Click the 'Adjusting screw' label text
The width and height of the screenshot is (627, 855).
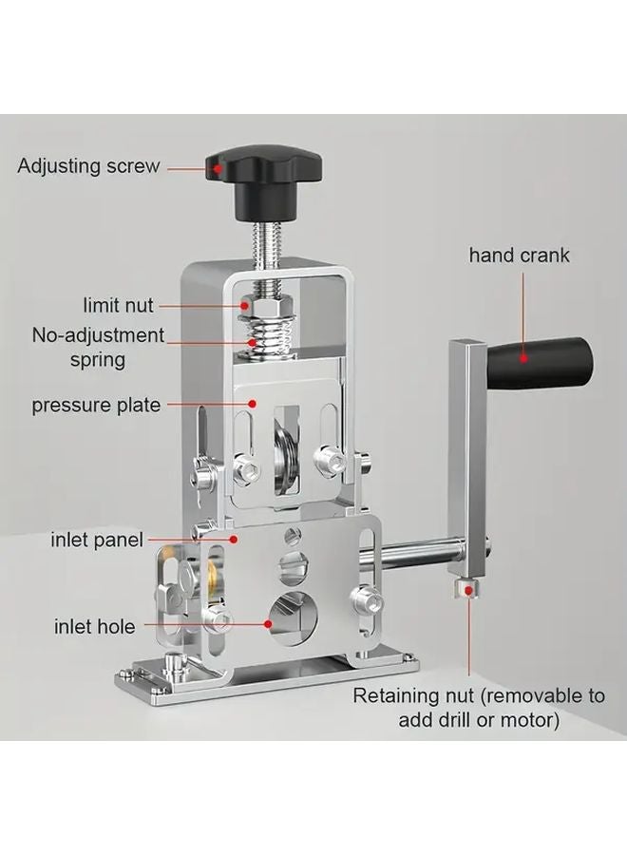click(x=88, y=165)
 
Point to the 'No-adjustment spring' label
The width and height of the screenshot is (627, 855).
click(x=98, y=347)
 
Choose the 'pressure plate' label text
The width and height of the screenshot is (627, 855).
click(x=96, y=406)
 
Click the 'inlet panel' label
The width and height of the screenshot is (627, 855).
click(x=97, y=541)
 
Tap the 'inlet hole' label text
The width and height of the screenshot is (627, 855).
click(x=94, y=626)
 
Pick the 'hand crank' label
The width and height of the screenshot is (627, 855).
click(x=519, y=256)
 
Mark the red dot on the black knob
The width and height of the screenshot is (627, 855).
click(x=218, y=169)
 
